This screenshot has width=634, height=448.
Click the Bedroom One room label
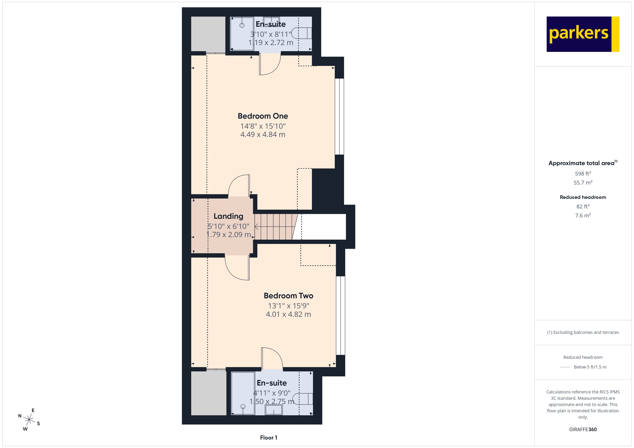263,116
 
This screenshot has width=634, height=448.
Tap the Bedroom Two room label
288,296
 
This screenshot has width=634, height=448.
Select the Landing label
228,216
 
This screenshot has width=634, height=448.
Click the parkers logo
583,34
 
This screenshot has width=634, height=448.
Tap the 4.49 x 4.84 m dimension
263,135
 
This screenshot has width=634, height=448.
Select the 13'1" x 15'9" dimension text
288,306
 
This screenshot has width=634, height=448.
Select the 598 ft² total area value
583,174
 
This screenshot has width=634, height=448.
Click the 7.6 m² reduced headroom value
583,215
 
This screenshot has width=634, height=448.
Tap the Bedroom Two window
341,315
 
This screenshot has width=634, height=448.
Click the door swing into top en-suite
270,65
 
